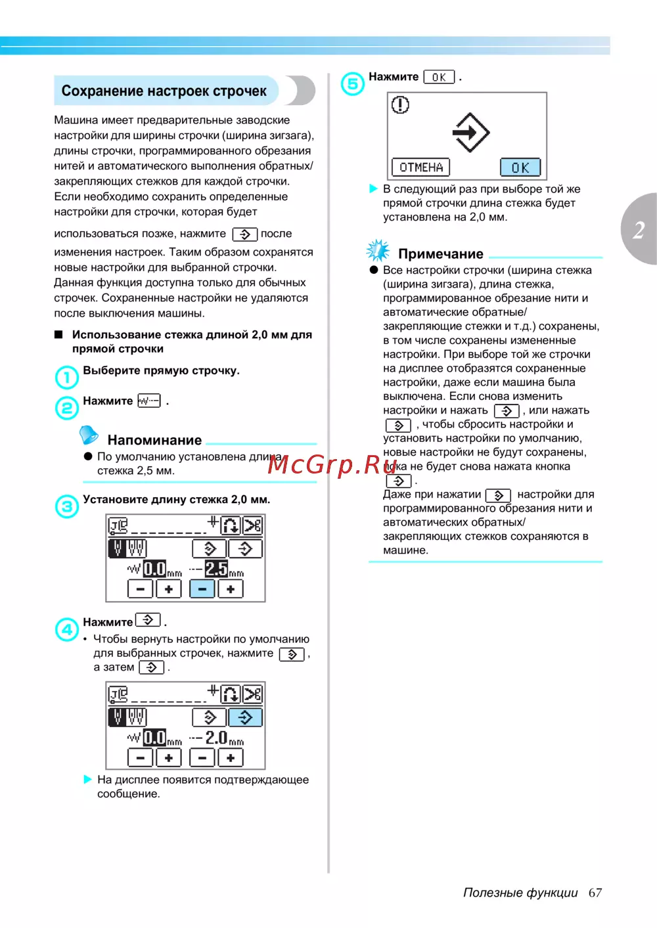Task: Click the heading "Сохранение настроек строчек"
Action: tap(164, 91)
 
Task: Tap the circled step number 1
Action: tap(66, 377)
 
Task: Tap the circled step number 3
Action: tap(66, 506)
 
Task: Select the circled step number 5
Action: tap(353, 84)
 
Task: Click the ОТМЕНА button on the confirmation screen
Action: tap(421, 167)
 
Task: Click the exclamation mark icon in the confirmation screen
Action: tap(400, 105)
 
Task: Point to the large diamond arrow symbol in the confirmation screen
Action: tap(470, 132)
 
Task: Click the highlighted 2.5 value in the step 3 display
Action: tap(216, 568)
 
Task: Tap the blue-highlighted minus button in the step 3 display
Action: tap(202, 589)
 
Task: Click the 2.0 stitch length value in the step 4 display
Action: tap(216, 738)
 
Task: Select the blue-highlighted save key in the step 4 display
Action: tap(245, 717)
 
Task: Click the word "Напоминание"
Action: tap(154, 440)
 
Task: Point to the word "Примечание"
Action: tap(440, 254)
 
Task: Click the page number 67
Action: tap(595, 893)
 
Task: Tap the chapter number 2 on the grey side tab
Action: tap(639, 230)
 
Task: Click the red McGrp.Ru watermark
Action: tap(332, 464)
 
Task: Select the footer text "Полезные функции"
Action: tap(520, 893)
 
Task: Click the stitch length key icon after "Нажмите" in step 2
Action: tap(149, 401)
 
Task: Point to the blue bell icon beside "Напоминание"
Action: tap(88, 435)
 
